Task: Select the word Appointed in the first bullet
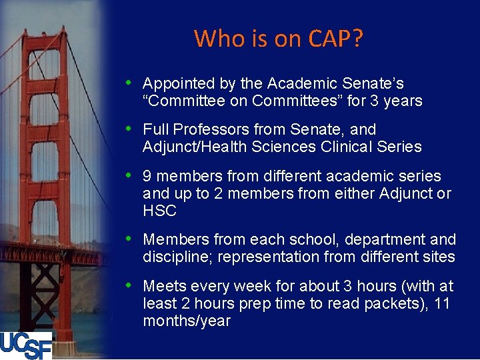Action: tap(175, 84)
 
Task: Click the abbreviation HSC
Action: tap(159, 211)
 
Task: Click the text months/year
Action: tap(187, 321)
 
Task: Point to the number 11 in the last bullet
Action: tap(441, 303)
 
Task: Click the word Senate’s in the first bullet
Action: tap(379, 84)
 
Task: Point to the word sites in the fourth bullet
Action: tap(437, 257)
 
